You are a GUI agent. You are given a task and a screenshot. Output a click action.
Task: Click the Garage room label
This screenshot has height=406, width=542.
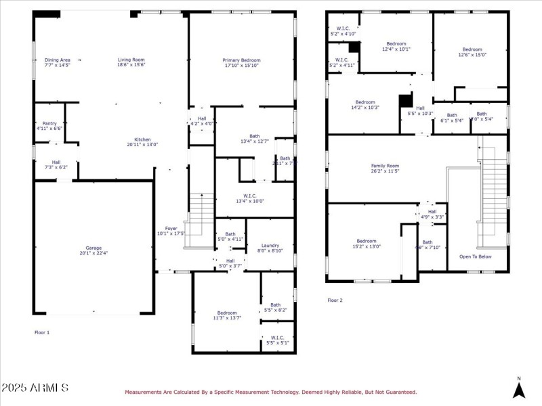(93, 250)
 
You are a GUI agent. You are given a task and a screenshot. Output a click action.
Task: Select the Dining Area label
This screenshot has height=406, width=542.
(57, 62)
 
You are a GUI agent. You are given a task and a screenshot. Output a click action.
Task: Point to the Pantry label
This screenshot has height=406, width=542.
(49, 125)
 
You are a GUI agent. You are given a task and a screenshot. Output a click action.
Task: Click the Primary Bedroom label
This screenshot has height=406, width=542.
(241, 62)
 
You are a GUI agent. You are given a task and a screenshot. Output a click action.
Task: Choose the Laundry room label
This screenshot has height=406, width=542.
(270, 248)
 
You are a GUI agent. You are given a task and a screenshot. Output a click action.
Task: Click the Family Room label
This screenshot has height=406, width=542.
(384, 168)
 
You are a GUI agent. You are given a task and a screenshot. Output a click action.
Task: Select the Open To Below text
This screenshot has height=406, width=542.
(475, 256)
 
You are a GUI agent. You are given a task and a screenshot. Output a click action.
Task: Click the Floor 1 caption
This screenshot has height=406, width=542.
(42, 332)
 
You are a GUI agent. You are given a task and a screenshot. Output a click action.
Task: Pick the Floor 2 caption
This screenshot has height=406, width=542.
(335, 300)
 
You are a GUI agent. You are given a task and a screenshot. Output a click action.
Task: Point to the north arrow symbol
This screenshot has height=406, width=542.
(518, 389)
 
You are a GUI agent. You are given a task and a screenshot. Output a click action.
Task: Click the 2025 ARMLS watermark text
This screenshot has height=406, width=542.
(35, 388)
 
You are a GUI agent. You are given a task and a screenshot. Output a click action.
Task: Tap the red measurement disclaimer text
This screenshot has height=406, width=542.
(270, 392)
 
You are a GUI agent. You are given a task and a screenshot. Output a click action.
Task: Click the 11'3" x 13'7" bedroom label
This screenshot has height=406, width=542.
(227, 315)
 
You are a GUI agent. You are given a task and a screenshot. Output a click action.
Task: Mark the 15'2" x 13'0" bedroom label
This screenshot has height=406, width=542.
(367, 244)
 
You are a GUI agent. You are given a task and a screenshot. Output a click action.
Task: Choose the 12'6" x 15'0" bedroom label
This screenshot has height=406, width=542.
(472, 52)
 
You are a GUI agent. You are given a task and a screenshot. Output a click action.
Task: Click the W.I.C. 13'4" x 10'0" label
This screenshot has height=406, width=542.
(255, 198)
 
